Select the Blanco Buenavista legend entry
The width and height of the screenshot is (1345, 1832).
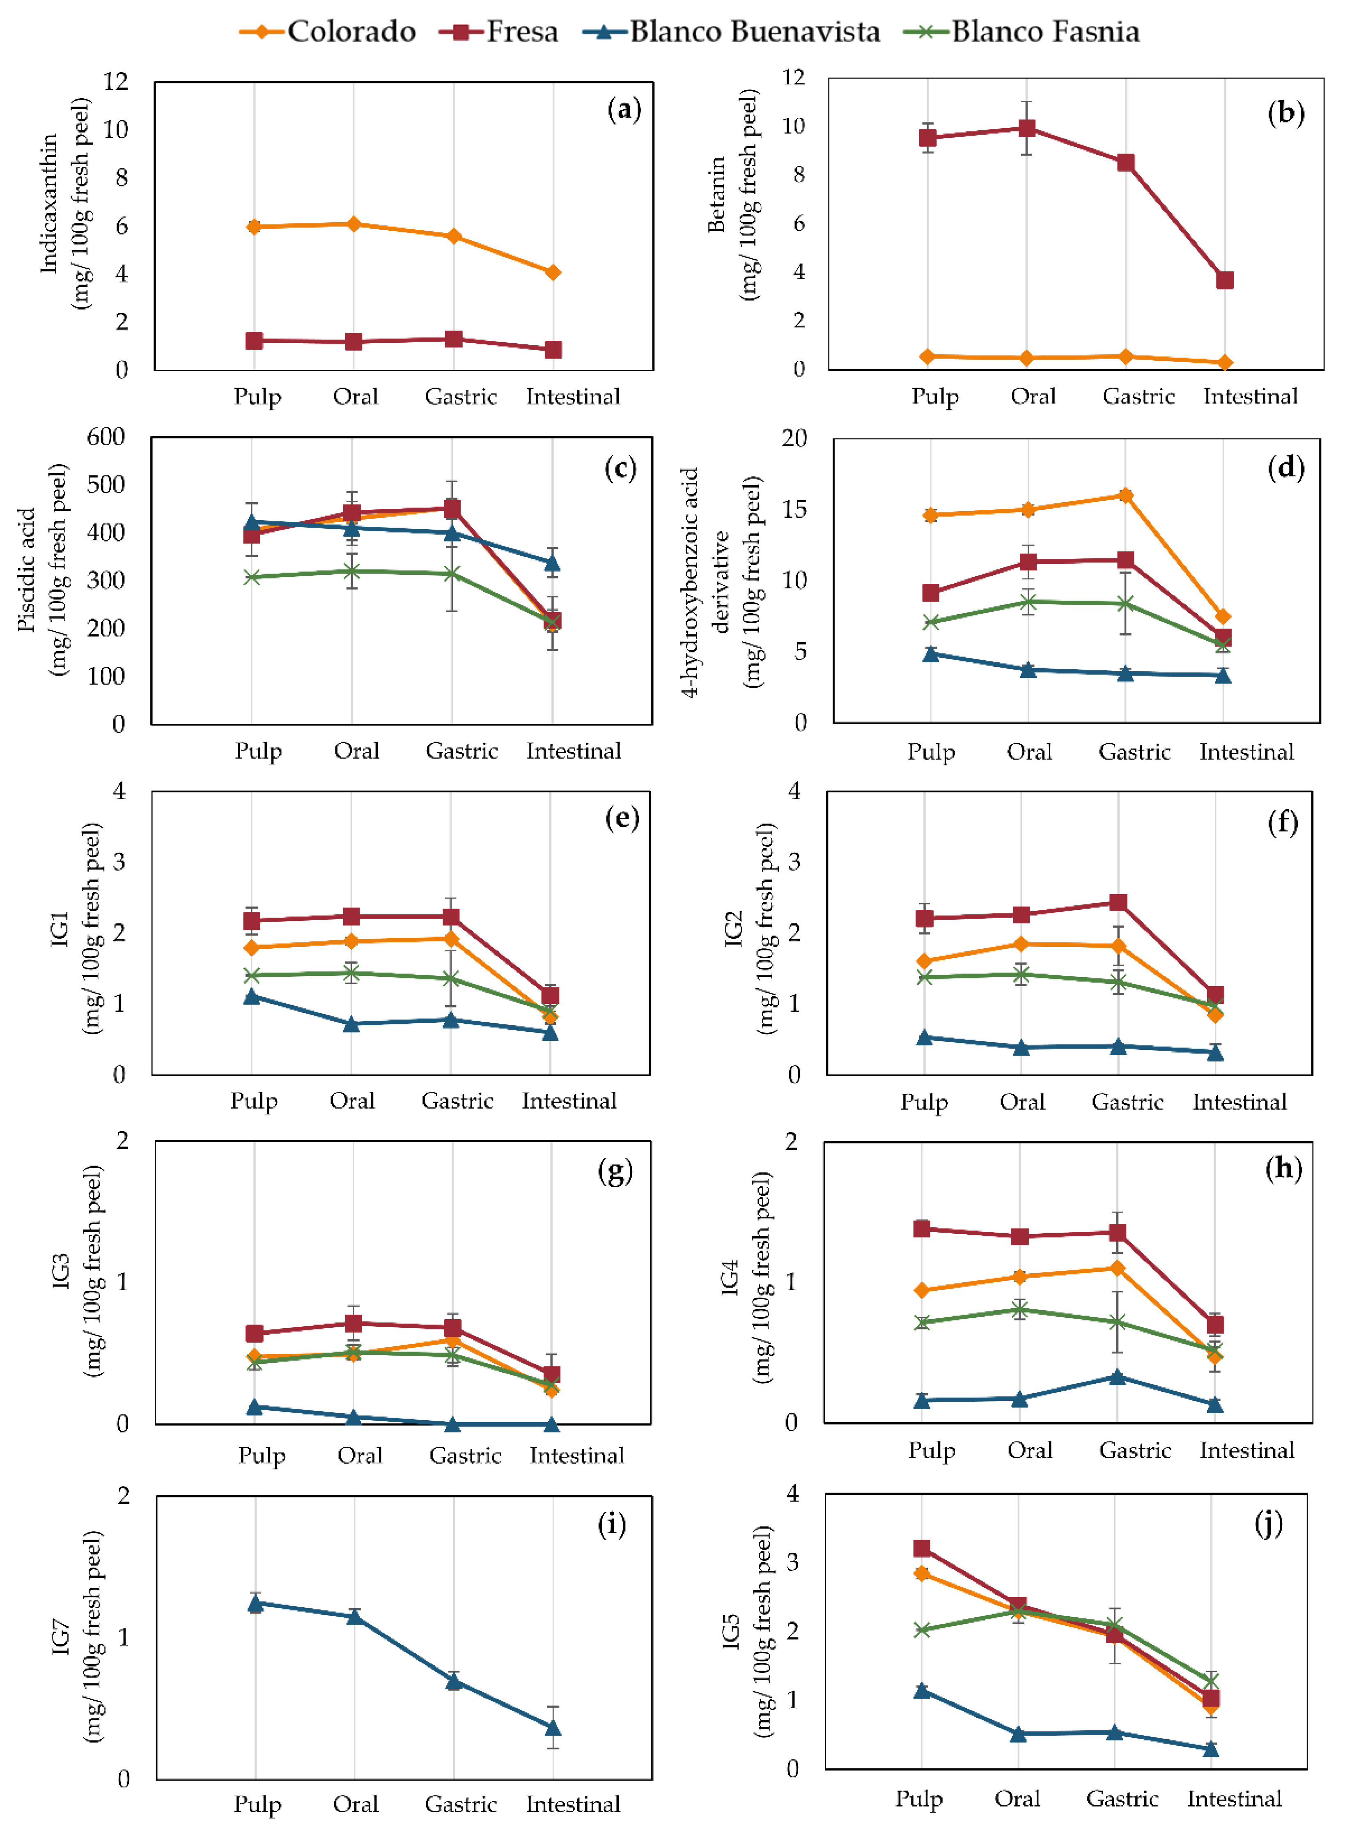tap(731, 32)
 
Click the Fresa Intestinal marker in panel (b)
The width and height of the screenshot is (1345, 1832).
tap(1225, 280)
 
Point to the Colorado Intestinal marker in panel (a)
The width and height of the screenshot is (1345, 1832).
tap(553, 272)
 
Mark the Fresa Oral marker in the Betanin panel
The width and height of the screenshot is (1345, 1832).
tap(1028, 128)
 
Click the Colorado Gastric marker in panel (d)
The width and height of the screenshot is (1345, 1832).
tap(1125, 495)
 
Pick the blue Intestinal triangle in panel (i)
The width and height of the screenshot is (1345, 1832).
tap(553, 1727)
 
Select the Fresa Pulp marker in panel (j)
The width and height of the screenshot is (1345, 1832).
tap(922, 1548)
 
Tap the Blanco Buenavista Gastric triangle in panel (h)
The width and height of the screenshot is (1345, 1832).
tap(1118, 1377)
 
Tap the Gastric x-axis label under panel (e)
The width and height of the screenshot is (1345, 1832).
tap(457, 1101)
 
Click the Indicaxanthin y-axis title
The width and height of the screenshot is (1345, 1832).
tap(65, 204)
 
